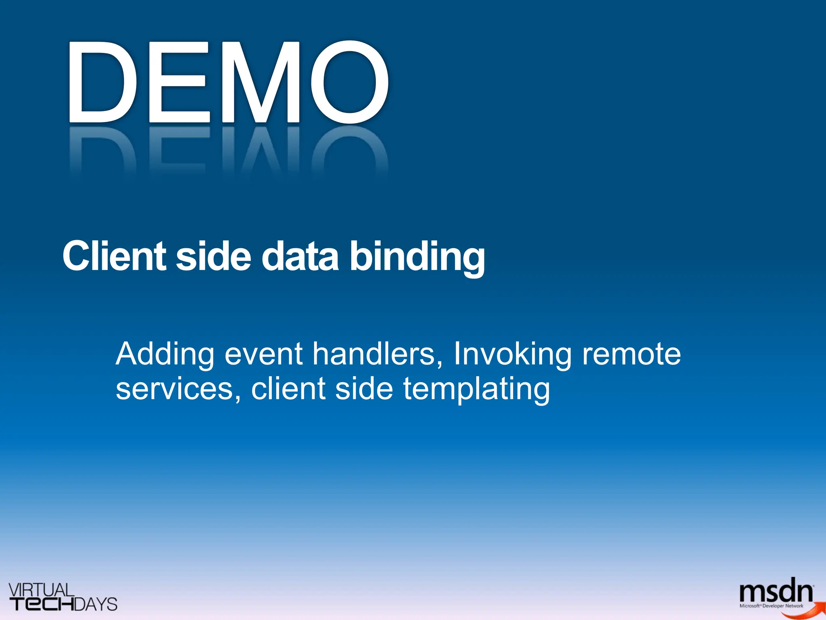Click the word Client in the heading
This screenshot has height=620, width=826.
[x=114, y=256]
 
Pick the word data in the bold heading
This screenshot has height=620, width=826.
[x=300, y=256]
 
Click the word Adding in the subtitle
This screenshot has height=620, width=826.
[x=165, y=354]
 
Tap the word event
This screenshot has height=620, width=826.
[x=263, y=354]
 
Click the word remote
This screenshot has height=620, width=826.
[x=632, y=354]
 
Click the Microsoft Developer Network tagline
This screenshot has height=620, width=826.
[x=771, y=606]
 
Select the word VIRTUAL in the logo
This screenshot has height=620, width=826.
[x=41, y=590]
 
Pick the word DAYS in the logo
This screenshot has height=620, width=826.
[x=96, y=604]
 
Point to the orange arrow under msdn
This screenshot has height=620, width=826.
[x=803, y=611]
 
